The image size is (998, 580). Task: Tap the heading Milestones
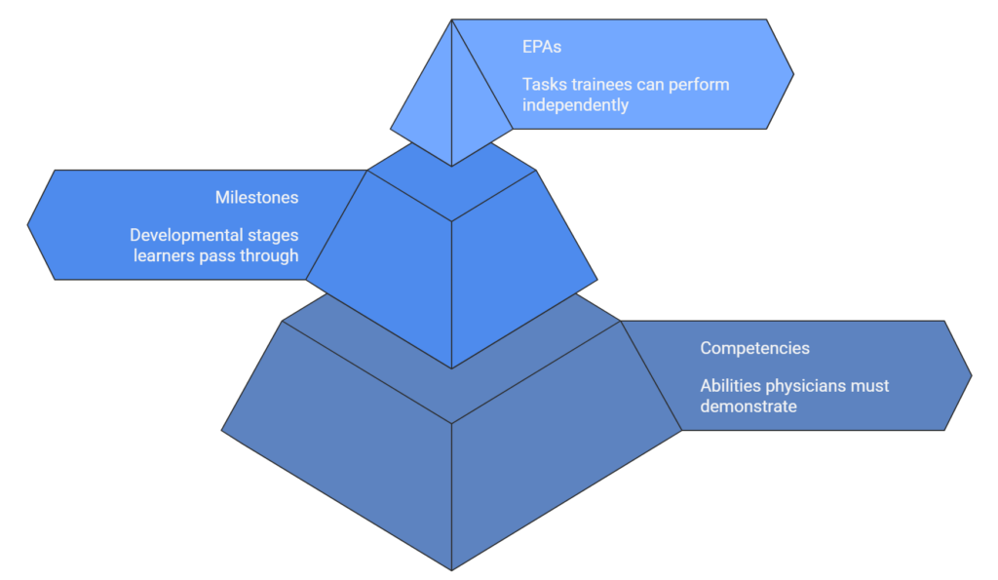point(256,198)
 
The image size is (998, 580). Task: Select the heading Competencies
point(754,348)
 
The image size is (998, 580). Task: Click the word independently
point(575,104)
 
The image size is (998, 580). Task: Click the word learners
point(166,255)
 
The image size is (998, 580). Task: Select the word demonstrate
point(748,406)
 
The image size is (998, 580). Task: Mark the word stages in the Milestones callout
point(272,236)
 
